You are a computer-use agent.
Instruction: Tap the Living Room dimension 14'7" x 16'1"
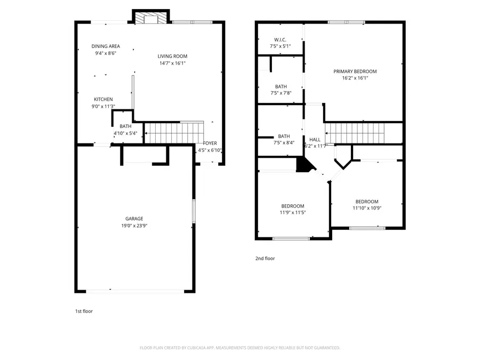pos(172,63)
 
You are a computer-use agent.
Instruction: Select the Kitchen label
pos(103,99)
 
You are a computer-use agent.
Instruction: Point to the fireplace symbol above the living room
pos(151,19)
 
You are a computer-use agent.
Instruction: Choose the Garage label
pos(134,219)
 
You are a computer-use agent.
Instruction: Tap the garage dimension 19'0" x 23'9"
pos(134,226)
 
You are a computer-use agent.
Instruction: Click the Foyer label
pos(210,143)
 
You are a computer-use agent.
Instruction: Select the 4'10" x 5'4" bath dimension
pos(126,133)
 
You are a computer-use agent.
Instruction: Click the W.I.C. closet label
pos(281,39)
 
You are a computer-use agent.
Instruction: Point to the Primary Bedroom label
pos(355,71)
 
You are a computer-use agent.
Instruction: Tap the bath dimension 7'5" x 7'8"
pos(281,93)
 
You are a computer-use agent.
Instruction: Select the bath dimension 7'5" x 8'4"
pos(284,143)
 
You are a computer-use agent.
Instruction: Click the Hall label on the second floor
pos(315,140)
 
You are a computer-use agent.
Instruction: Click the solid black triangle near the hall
pos(304,165)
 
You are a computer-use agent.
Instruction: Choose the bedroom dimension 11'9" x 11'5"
pos(293,212)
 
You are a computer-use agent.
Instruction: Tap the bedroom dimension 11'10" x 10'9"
pos(367,208)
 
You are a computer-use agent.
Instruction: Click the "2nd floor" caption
pos(265,259)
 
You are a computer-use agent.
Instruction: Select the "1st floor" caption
pos(84,311)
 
